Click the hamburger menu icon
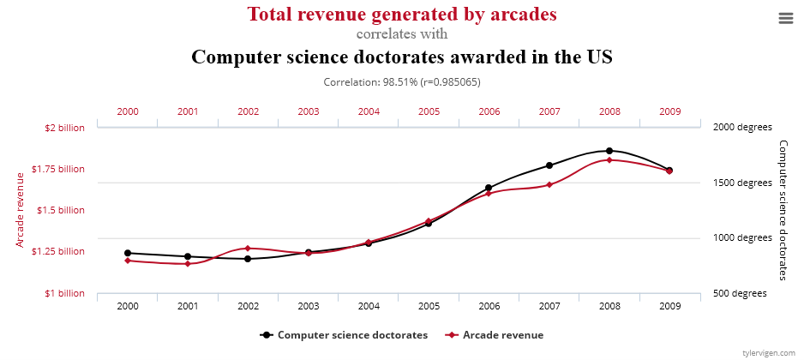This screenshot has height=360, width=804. (x=786, y=18)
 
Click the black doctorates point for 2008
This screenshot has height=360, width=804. (x=609, y=151)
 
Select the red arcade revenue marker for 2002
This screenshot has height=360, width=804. (x=248, y=249)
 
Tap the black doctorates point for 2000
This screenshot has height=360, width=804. (x=128, y=253)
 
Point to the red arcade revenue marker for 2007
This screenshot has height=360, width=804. (x=549, y=185)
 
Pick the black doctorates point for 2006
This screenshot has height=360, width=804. (x=489, y=188)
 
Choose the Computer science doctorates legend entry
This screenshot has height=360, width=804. (x=351, y=334)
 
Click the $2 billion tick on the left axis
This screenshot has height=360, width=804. (x=64, y=128)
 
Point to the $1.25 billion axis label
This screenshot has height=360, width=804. (x=57, y=251)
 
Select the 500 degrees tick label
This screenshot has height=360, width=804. (x=739, y=293)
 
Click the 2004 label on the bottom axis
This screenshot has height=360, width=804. (x=369, y=306)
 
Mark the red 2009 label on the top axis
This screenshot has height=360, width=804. (x=670, y=111)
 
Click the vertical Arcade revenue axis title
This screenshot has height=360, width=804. (x=21, y=210)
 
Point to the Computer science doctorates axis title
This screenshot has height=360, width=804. (x=782, y=210)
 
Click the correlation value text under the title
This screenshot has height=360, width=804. (x=401, y=82)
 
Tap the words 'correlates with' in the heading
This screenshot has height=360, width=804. (x=401, y=35)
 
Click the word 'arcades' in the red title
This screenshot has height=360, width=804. (x=519, y=14)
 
